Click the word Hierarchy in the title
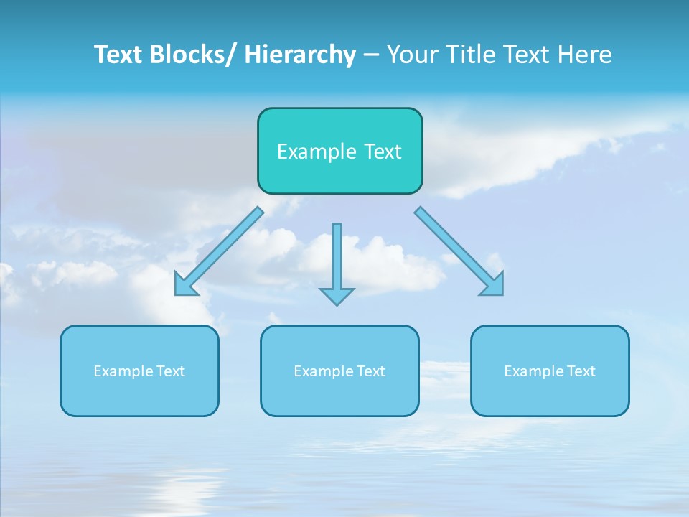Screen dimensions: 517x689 [300, 55]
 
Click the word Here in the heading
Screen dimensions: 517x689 [586, 55]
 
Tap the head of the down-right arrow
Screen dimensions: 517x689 [495, 287]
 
